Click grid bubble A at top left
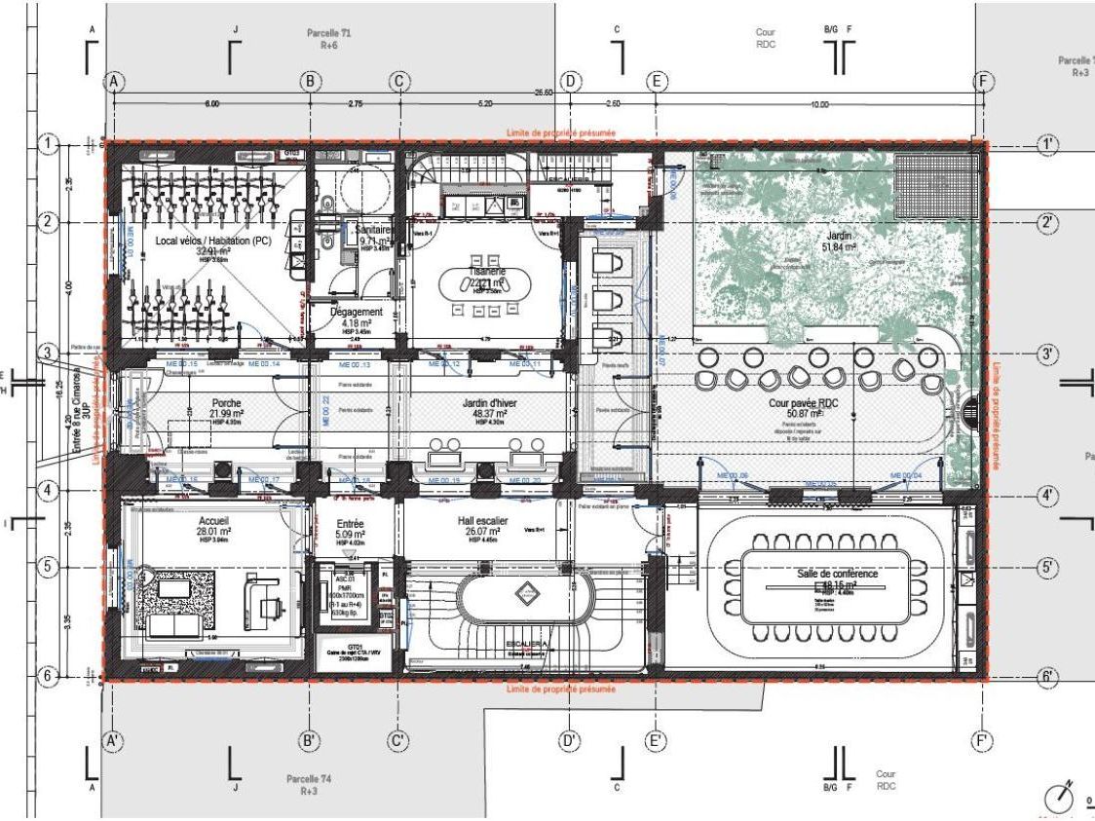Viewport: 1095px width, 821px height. pos(115,82)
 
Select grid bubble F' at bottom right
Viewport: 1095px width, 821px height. pos(985,741)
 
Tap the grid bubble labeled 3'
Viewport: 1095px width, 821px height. pos(1046,355)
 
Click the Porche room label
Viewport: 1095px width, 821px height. pos(226,402)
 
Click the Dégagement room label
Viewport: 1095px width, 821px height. pos(355,312)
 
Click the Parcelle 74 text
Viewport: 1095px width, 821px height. pos(309,779)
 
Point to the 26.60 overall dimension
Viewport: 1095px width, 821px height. pos(544,93)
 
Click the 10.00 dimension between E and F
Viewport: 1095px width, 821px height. pos(817,104)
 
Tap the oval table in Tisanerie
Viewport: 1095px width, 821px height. pos(484,286)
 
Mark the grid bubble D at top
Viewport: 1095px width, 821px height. pos(571,82)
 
